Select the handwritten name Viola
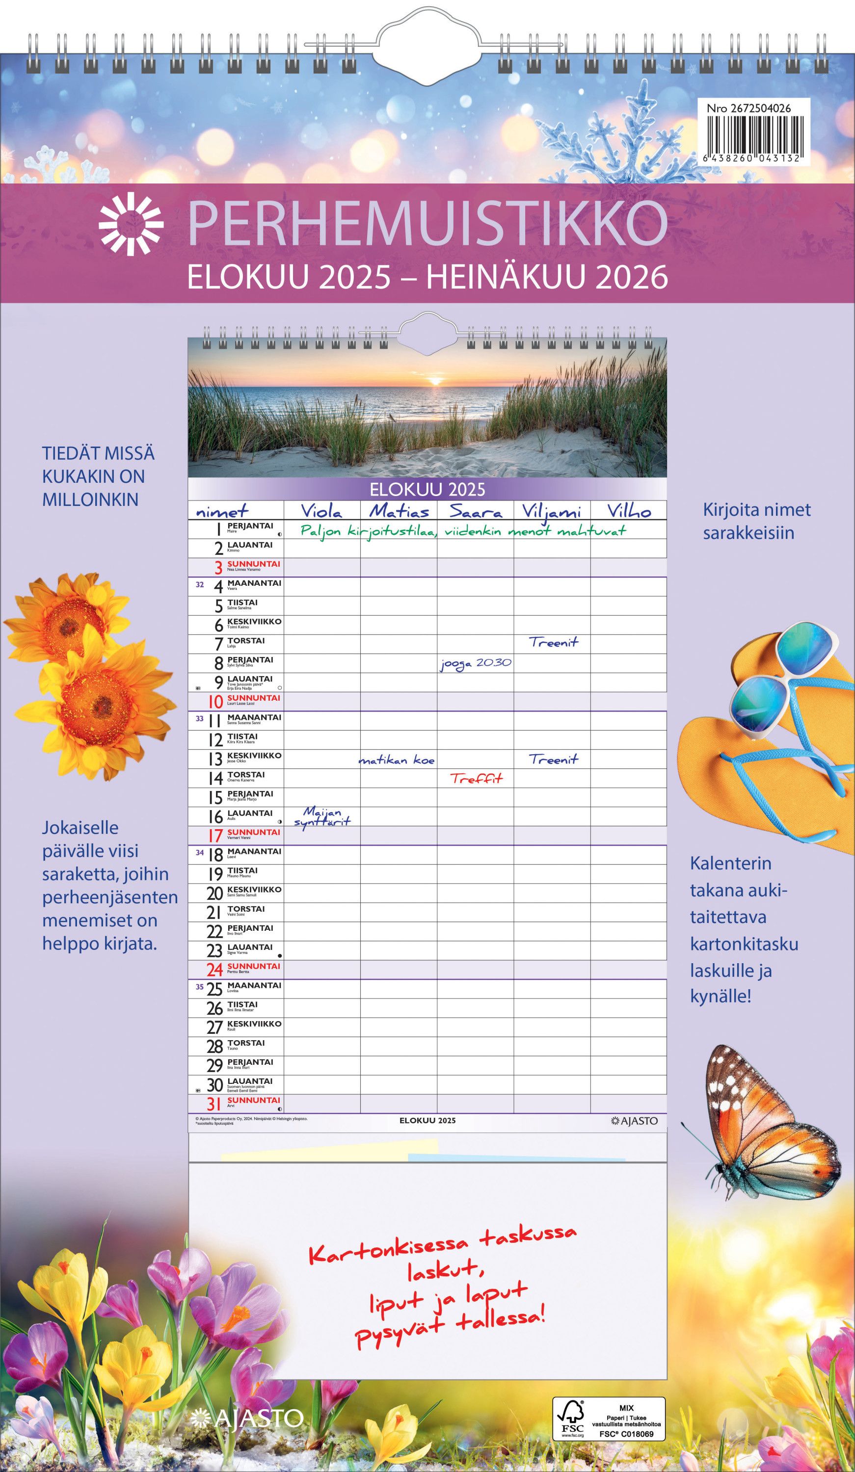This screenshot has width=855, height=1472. [321, 512]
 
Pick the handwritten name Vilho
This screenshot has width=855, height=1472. [629, 512]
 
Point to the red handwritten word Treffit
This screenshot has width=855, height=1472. [476, 778]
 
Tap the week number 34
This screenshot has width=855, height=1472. [199, 853]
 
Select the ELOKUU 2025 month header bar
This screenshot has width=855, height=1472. [427, 488]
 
